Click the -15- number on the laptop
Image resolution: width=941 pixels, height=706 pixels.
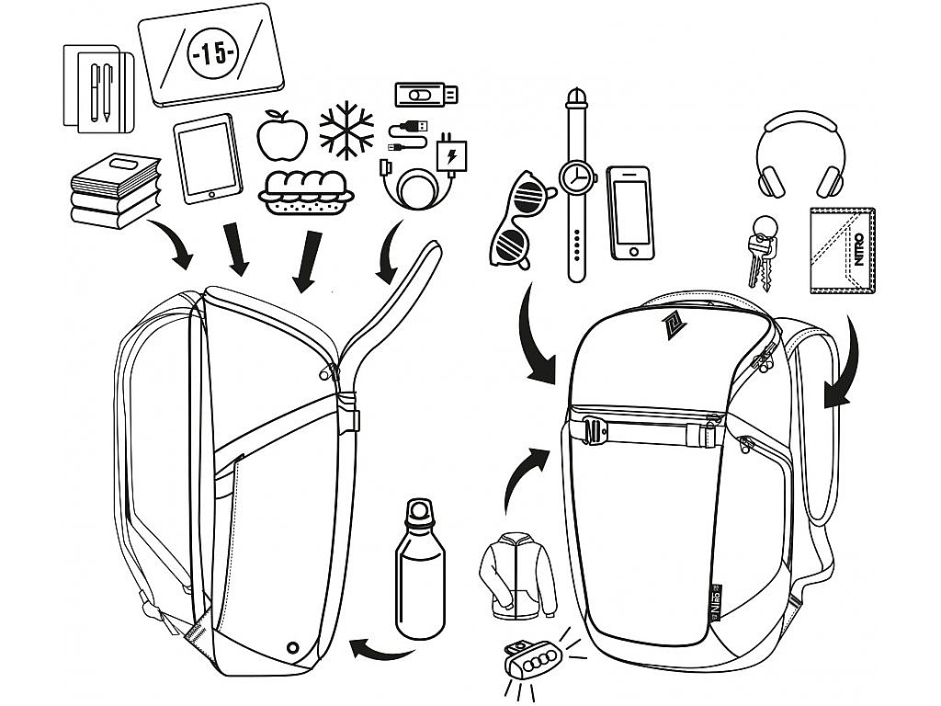coord(212,52)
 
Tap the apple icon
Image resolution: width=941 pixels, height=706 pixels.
coord(282,137)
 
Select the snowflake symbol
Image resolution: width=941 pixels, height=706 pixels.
coord(346,131)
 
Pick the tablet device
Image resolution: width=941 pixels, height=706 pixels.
coord(208,158)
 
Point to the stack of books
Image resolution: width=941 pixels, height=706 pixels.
coord(116,190)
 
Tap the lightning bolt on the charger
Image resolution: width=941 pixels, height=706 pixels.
coord(451,157)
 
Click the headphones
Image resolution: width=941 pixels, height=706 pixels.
coord(800,154)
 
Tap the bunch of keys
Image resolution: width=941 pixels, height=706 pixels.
coord(762,251)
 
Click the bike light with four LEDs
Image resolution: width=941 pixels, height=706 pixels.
coord(530,662)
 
